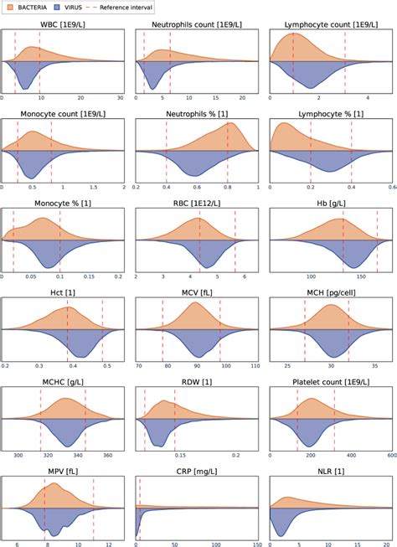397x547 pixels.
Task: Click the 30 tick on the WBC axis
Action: point(120,99)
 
